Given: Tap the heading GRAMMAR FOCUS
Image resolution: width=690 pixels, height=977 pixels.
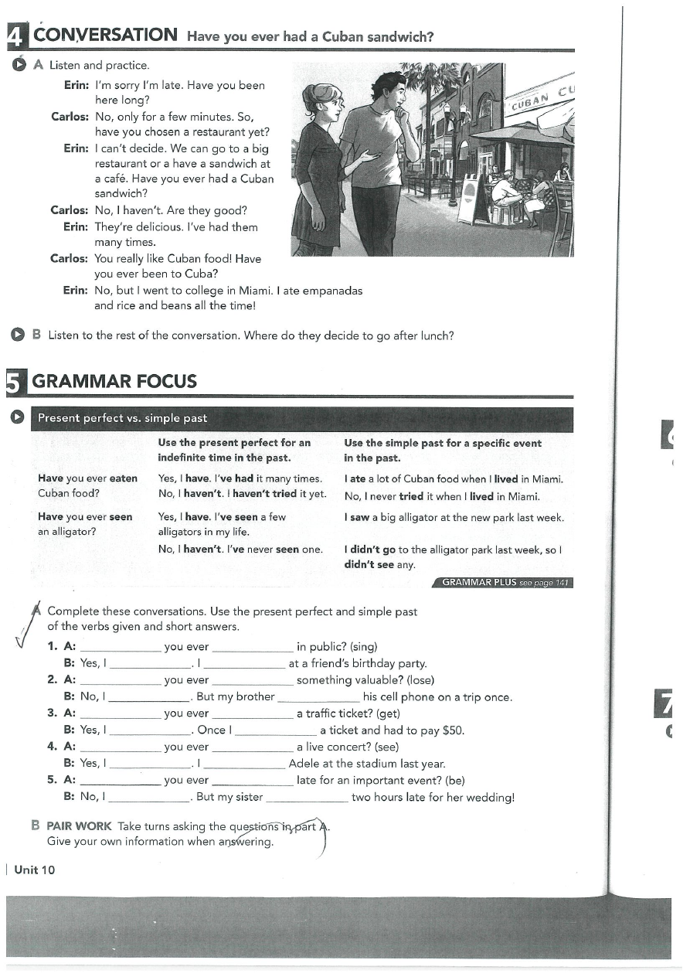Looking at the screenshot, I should (114, 381).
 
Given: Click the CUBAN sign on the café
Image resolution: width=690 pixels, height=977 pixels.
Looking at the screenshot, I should (533, 98).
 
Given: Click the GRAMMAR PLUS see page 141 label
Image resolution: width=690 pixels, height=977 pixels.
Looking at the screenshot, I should (506, 583).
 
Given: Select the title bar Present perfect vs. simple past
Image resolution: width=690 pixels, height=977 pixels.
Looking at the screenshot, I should (123, 418).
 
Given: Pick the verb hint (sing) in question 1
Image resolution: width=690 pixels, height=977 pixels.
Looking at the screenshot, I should (363, 647).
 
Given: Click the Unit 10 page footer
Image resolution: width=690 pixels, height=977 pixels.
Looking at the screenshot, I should (35, 870).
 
